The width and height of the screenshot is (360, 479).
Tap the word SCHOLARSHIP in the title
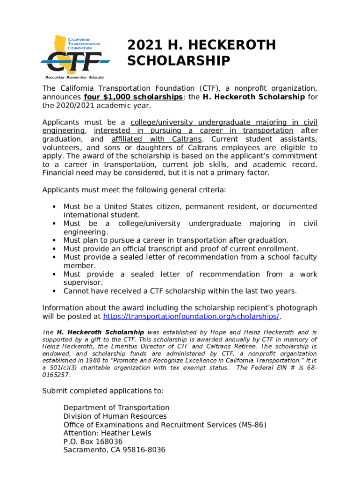point(179,61)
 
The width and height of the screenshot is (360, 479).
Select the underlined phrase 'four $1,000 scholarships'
point(133,97)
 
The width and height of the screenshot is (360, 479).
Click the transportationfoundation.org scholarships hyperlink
point(191,316)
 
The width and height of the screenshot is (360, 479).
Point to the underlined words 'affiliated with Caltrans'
point(157,139)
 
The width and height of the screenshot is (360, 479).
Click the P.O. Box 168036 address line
point(93,442)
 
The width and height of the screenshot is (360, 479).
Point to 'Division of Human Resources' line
point(115,416)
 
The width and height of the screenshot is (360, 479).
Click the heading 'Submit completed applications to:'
point(103,391)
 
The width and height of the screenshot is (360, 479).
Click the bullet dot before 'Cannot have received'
point(55,291)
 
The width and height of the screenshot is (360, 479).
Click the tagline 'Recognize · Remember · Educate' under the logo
point(74,77)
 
